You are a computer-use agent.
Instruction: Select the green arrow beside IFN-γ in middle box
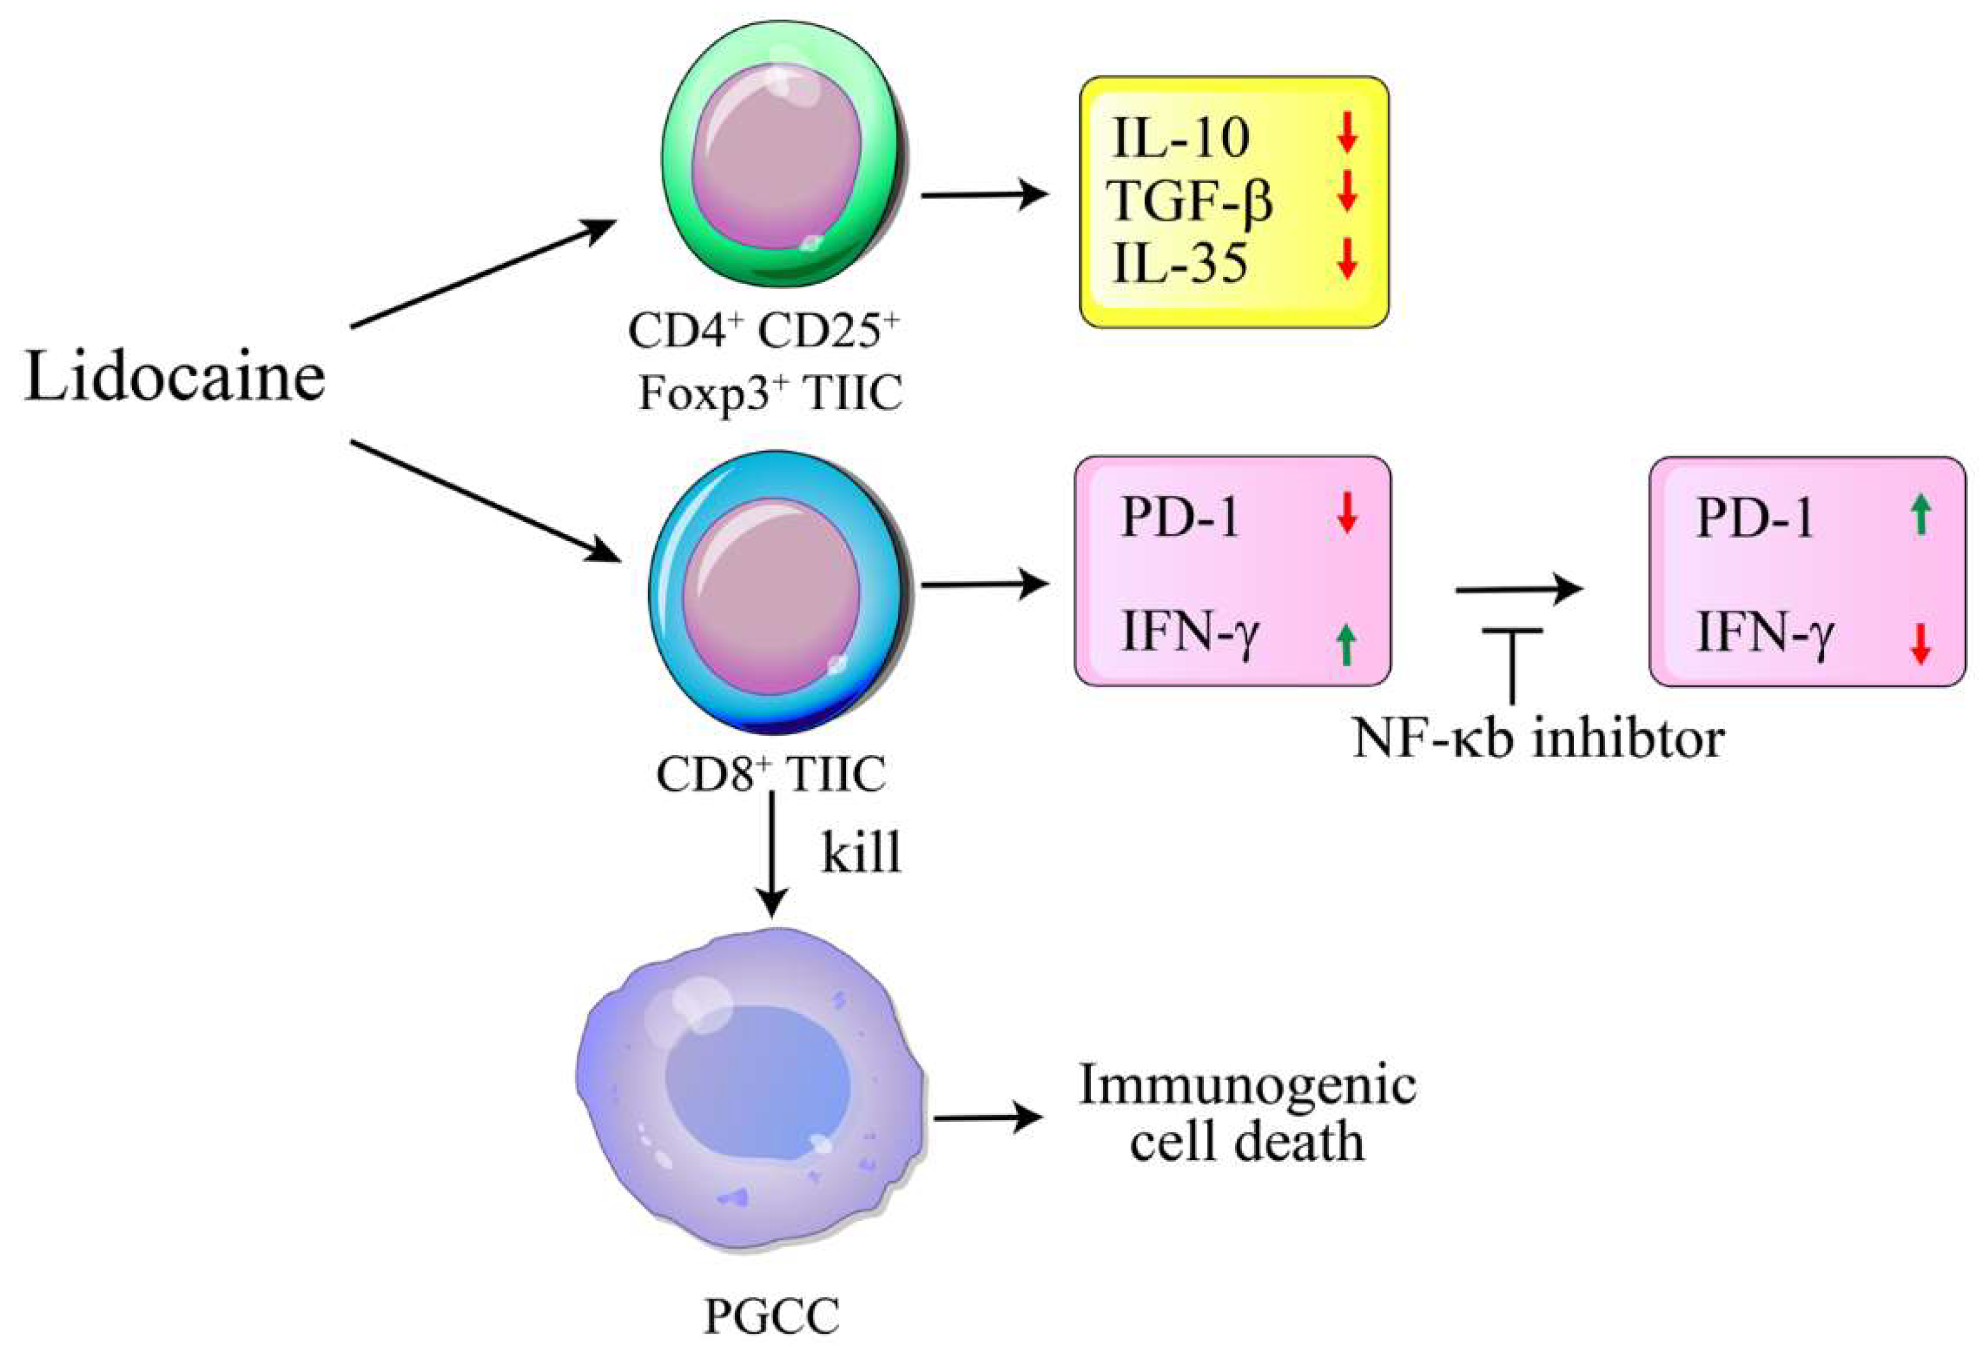pos(1346,645)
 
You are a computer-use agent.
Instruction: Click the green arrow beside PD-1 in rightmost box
pos(1921,516)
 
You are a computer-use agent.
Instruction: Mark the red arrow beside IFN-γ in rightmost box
pos(1921,645)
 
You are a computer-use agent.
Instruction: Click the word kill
pos(861,852)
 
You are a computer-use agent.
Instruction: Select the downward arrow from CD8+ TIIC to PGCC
pos(773,854)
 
